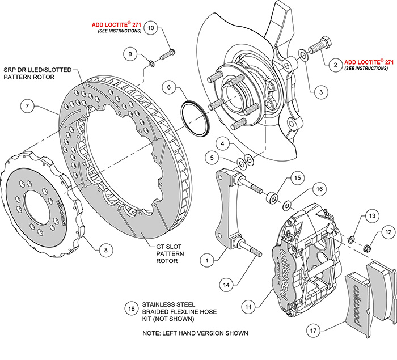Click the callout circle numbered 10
point(151,28)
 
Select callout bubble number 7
point(27,106)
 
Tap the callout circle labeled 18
point(132,308)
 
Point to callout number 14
point(226,285)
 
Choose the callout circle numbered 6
point(169,87)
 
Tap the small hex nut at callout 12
point(367,248)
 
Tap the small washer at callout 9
point(151,63)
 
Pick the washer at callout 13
point(352,239)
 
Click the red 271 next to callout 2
point(389,62)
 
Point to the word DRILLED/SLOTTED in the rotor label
point(45,70)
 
